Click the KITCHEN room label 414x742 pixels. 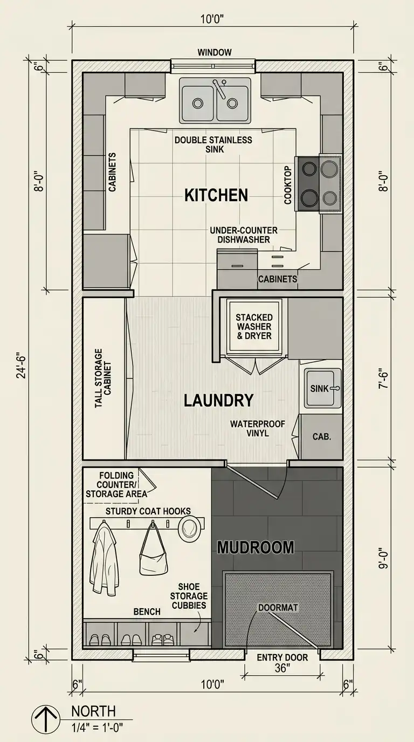(x=216, y=195)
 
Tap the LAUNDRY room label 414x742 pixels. (x=219, y=400)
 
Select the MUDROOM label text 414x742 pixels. (x=256, y=547)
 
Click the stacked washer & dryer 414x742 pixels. (x=254, y=327)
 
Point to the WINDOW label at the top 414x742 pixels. (x=215, y=52)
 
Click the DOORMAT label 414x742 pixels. (x=278, y=608)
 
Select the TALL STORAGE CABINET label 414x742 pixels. (x=103, y=378)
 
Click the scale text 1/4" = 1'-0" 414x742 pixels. (x=98, y=727)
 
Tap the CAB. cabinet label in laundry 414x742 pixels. (x=322, y=436)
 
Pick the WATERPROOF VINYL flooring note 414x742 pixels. (x=257, y=428)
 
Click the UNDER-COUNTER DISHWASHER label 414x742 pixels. (x=244, y=235)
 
